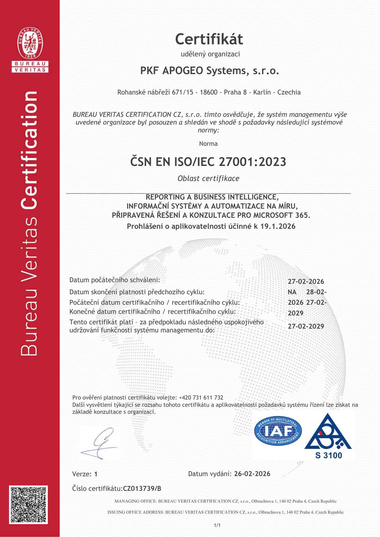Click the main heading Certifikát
tap(209, 39)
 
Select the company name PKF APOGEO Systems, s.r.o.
tap(210, 71)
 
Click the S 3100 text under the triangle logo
tap(328, 455)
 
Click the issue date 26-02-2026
tap(252, 474)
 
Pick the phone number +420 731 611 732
tap(201, 398)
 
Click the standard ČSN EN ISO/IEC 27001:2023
tap(208, 162)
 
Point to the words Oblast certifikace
tap(208, 179)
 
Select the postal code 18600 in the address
tap(209, 92)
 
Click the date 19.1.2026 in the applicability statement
tap(278, 226)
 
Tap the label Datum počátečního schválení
tap(114, 280)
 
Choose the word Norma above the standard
tap(208, 144)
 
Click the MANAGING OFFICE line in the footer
tap(225, 501)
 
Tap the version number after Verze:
tap(96, 474)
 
